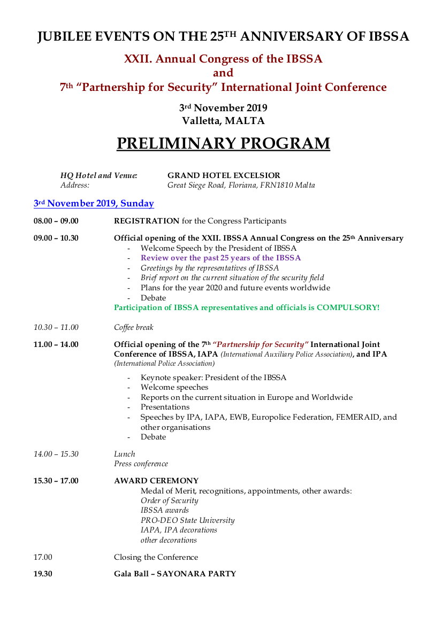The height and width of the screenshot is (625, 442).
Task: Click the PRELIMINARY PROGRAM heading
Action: [223, 144]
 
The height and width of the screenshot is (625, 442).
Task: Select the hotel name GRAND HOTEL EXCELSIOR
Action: [224, 175]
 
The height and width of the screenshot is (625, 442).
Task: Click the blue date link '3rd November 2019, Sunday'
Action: [94, 204]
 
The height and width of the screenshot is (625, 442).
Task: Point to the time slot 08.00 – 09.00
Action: [56, 221]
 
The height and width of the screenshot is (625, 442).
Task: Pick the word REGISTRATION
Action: [147, 221]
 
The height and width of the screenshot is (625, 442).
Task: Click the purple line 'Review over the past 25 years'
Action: [220, 258]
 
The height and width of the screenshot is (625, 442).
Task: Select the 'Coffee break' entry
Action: [133, 327]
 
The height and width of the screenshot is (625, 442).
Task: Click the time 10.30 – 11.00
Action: [56, 327]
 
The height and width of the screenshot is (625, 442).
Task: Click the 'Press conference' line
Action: [141, 464]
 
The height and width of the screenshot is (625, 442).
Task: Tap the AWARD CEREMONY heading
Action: [156, 481]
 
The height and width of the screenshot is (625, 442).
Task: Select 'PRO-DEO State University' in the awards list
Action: [187, 520]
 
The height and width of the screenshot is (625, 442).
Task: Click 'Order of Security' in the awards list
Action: [169, 500]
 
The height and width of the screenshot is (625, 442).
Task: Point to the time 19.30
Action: [43, 574]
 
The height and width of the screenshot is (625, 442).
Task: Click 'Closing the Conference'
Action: [156, 557]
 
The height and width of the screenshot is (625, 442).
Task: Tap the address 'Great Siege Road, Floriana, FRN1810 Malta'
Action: [241, 186]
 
